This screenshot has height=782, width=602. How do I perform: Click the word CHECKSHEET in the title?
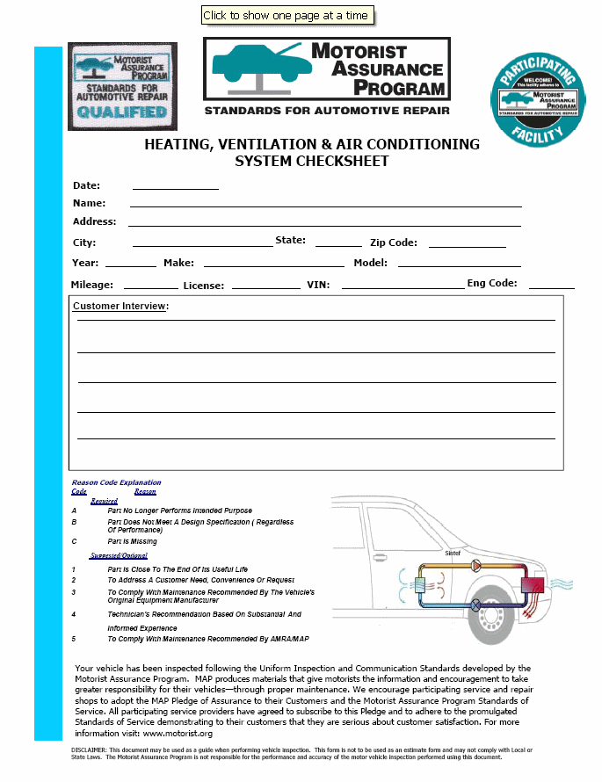[342, 161]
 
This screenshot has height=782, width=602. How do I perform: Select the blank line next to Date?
[175, 187]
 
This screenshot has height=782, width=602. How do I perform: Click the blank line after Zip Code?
[467, 245]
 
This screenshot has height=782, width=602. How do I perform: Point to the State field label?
[290, 241]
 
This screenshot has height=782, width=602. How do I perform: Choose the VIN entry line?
[403, 286]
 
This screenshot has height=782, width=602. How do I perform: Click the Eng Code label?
[491, 284]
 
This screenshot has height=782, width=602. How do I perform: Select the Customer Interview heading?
[120, 307]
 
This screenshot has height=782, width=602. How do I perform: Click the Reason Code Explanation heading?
[116, 482]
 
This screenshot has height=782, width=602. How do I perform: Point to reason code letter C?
[74, 541]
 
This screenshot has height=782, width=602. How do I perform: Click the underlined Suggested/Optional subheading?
[119, 555]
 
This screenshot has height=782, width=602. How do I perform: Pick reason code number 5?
[74, 639]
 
